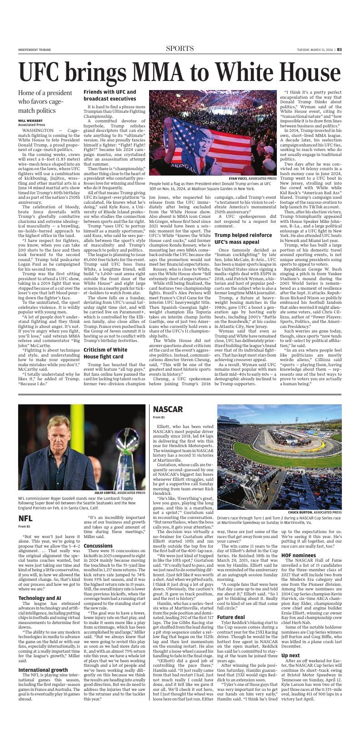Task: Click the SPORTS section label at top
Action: click(x=180, y=49)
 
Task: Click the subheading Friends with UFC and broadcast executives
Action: click(x=110, y=95)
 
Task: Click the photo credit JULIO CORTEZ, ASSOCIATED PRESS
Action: click(x=120, y=492)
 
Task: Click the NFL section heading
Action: click(x=25, y=518)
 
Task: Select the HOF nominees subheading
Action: click(x=298, y=555)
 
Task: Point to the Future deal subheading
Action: click(x=230, y=617)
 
